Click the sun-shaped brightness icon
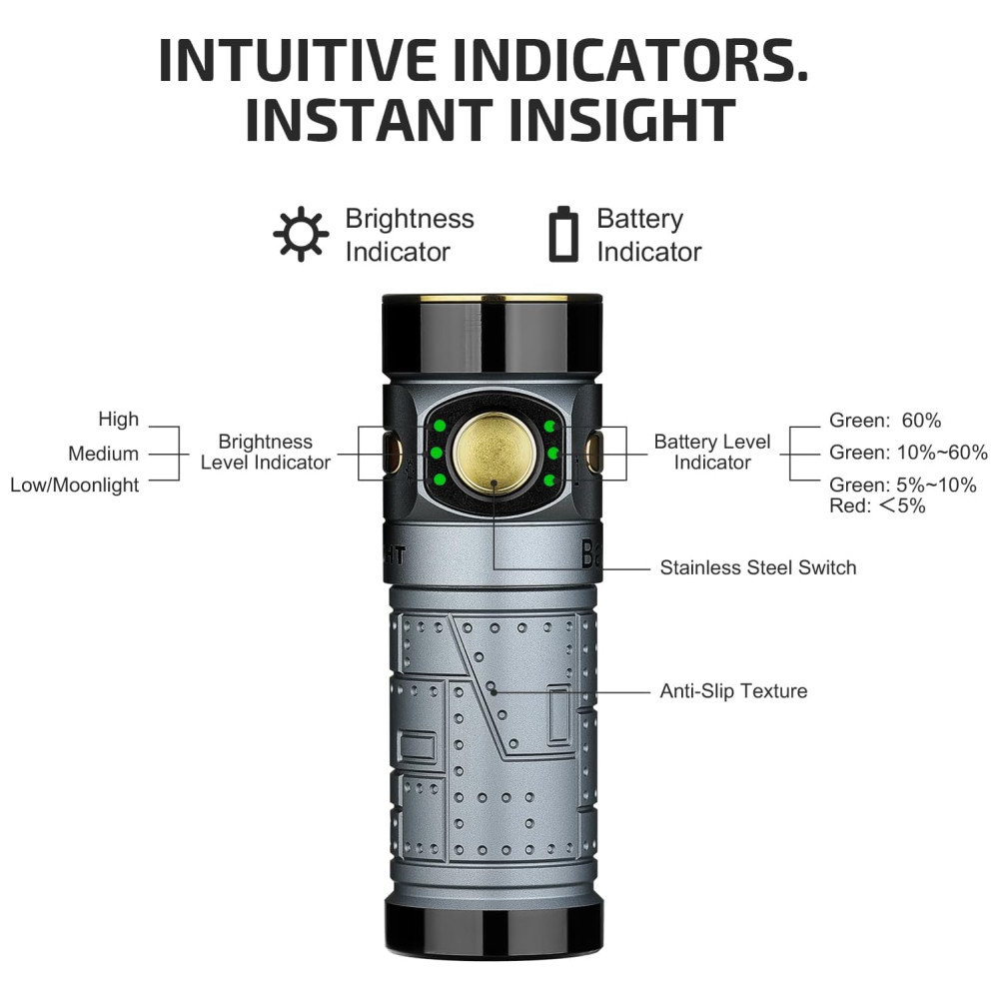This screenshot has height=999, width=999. (x=301, y=234)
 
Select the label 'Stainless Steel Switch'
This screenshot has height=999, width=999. (x=758, y=567)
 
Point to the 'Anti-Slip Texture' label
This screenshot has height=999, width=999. (x=733, y=690)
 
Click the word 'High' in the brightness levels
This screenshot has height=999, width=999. (x=119, y=420)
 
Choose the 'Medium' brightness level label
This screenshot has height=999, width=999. (x=103, y=454)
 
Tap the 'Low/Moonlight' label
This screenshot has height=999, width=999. (x=75, y=486)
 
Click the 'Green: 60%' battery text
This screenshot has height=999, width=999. (x=885, y=421)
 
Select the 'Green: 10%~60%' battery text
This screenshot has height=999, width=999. (x=908, y=453)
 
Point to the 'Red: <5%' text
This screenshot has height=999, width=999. (x=877, y=505)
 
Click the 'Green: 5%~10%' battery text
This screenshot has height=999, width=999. (x=903, y=485)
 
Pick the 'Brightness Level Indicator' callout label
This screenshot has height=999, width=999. (x=265, y=452)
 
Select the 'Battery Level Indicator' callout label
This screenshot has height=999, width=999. (x=712, y=452)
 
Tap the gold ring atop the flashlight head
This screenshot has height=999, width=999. (x=494, y=301)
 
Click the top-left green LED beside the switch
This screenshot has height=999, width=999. (x=438, y=427)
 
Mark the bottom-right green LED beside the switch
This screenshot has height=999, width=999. (x=549, y=483)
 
